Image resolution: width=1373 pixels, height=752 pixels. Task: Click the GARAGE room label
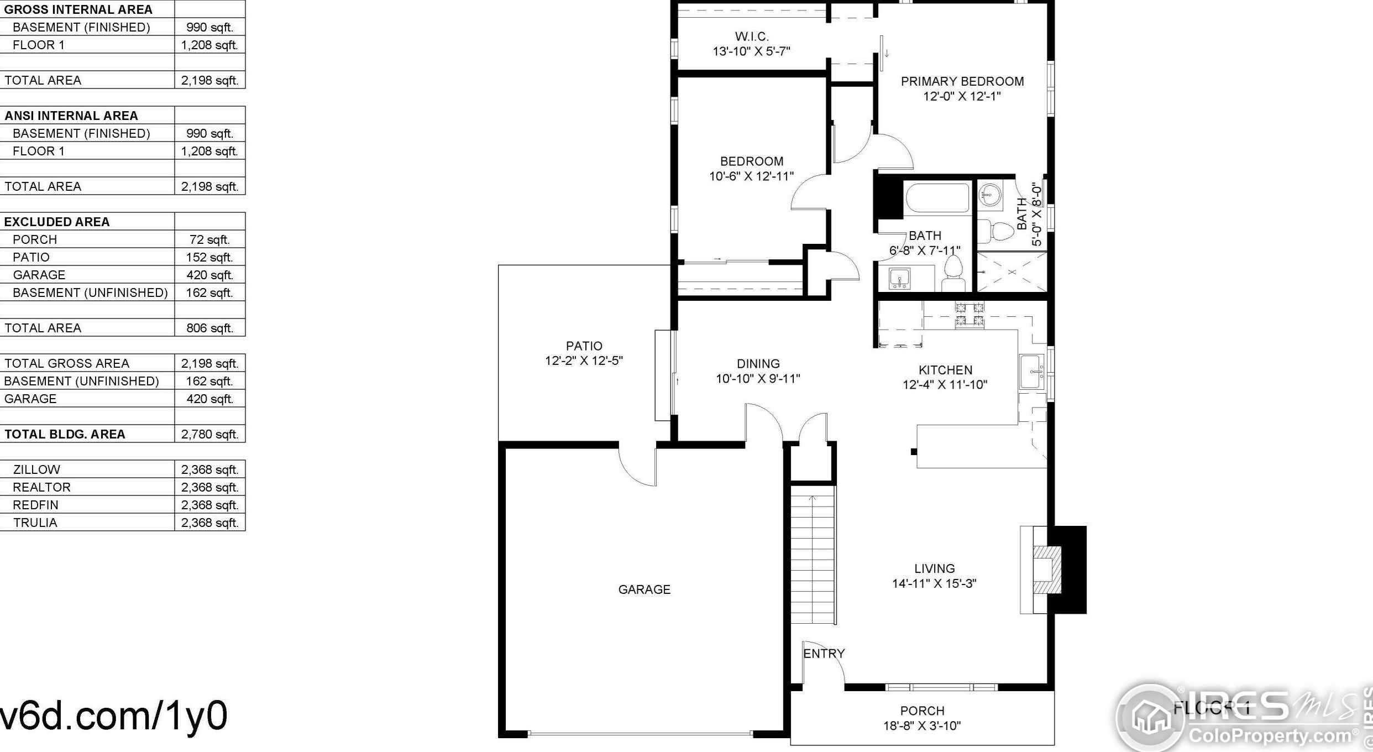tap(644, 589)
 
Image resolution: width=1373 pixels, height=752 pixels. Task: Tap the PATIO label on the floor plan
tap(584, 346)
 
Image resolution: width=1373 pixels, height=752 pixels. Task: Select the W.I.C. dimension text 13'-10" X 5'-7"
tap(751, 51)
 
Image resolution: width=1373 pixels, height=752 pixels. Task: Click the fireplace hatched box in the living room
tap(1047, 570)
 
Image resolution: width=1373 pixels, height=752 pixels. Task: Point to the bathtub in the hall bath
tap(937, 198)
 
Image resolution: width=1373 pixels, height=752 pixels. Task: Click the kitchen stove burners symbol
tap(970, 315)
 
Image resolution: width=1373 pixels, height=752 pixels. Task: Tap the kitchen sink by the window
tap(1031, 372)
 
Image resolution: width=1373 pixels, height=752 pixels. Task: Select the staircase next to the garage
tap(813, 558)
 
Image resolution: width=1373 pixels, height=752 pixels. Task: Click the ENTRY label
tap(824, 654)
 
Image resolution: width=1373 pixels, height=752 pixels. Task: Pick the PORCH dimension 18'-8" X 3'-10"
tap(922, 726)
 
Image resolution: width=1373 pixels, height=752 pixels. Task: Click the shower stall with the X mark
tap(1012, 271)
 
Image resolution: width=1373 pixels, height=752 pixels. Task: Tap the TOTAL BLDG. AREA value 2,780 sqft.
tap(209, 434)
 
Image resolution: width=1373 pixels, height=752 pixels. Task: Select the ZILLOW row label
tap(36, 469)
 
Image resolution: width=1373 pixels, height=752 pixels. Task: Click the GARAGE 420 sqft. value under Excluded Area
tap(209, 275)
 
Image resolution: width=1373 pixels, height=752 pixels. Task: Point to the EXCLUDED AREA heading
tap(57, 222)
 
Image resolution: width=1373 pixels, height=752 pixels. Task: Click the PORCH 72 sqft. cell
tap(209, 239)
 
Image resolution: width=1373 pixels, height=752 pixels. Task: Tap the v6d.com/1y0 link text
tap(113, 716)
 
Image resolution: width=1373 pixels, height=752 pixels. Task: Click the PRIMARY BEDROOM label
tap(962, 81)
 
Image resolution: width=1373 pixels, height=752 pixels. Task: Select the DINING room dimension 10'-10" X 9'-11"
tap(758, 379)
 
